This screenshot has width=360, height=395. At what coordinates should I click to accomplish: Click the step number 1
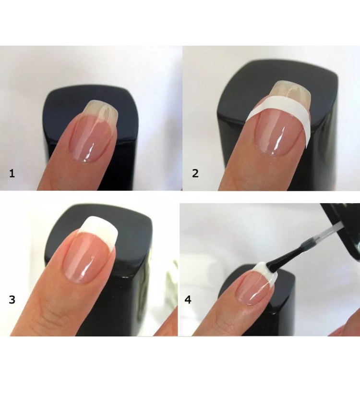(12, 173)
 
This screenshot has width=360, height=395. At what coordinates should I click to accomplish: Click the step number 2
(195, 173)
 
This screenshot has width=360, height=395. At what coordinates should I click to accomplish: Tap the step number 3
(12, 299)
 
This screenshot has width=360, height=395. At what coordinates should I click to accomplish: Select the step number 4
(188, 300)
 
